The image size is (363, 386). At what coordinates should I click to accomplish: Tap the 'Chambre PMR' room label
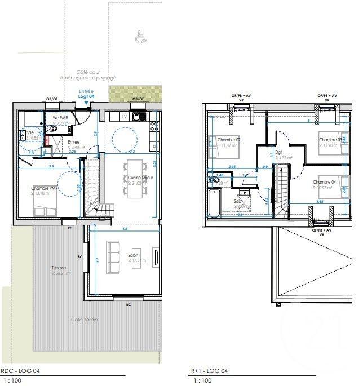45,188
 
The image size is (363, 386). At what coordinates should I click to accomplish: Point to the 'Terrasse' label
58,268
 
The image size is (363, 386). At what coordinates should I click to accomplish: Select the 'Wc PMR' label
60,118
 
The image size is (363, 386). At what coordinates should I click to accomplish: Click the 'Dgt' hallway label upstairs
278,152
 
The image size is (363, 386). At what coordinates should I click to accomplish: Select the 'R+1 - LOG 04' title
209,371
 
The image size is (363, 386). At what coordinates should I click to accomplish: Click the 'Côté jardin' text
84,320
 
